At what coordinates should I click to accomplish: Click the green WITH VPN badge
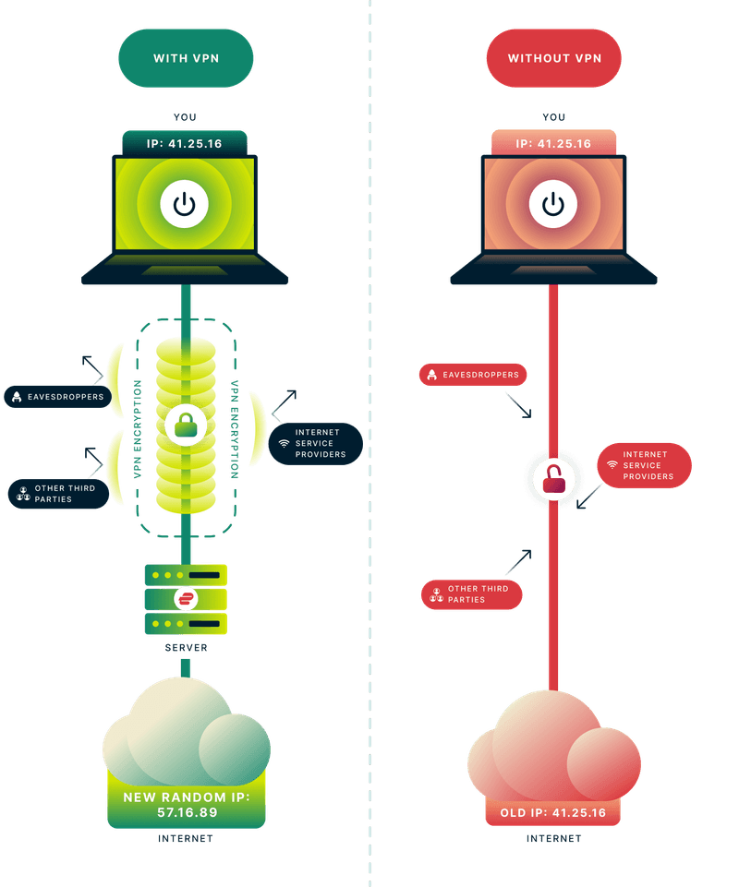[x=185, y=58]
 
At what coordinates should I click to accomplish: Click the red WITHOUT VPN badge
[x=553, y=58]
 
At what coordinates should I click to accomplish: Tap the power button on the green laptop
[x=185, y=204]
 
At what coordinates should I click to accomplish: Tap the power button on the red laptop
[x=553, y=204]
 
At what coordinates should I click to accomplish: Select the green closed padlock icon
[x=186, y=426]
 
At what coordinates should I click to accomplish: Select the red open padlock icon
[x=552, y=477]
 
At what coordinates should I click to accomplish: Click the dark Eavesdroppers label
[x=57, y=397]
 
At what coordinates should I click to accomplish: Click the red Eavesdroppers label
[x=474, y=375]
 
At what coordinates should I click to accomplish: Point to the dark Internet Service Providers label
[x=315, y=444]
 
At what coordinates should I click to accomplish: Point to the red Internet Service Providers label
[x=645, y=465]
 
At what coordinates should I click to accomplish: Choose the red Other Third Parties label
[x=471, y=594]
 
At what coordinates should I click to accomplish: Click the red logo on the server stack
[x=186, y=599]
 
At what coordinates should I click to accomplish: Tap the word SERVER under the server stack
[x=186, y=648]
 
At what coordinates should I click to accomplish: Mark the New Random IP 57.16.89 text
[x=187, y=804]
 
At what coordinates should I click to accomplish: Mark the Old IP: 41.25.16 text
[x=553, y=812]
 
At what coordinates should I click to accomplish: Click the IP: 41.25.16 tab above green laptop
[x=185, y=144]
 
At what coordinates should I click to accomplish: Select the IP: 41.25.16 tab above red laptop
[x=553, y=144]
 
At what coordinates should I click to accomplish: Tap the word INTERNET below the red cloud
[x=553, y=839]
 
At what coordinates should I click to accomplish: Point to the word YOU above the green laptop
[x=185, y=117]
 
